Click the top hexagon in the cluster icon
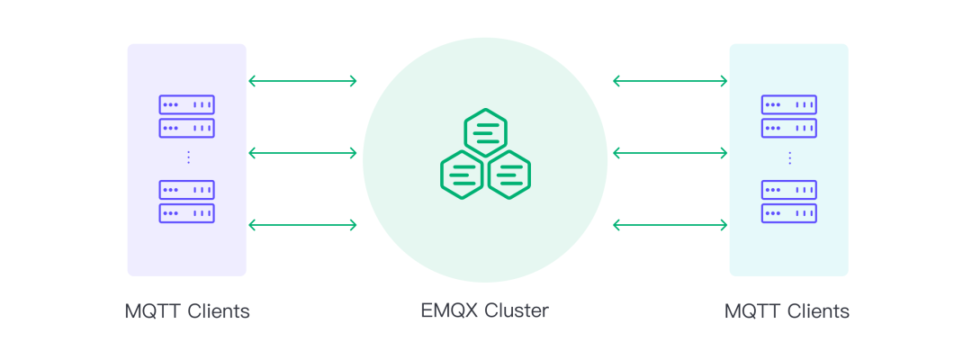pos(486,132)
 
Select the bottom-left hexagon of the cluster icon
pos(462,174)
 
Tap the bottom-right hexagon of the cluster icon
pos(508,174)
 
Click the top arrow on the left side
pos(302,81)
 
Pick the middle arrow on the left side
pos(302,153)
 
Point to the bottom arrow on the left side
pos(302,224)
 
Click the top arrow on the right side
pos(670,81)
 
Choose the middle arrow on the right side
pos(670,153)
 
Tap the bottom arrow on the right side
pos(670,224)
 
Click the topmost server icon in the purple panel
pos(186,104)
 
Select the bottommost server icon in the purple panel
pos(186,213)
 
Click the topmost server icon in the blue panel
pos(789,104)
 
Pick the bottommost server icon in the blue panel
pos(789,213)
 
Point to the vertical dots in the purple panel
pos(188,157)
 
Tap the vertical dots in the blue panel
pos(789,157)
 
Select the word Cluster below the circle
pos(517,311)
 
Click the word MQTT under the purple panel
pos(152,312)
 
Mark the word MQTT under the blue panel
pos(752,312)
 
